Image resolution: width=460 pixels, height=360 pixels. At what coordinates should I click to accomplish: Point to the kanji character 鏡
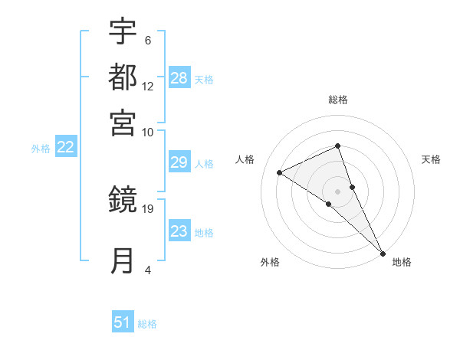[x=123, y=200]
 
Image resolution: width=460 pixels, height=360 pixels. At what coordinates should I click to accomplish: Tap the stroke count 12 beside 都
[x=148, y=86]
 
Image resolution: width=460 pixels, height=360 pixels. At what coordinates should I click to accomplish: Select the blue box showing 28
[x=179, y=77]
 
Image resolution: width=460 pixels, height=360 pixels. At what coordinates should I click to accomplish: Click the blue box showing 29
[x=179, y=162]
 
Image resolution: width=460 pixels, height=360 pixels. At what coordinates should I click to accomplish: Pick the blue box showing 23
[x=179, y=231]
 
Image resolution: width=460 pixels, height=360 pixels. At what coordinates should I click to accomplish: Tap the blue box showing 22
[x=65, y=148]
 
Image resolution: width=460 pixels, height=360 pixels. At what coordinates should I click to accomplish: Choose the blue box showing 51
[x=123, y=322]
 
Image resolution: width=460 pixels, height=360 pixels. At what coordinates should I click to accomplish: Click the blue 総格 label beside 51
[x=147, y=324]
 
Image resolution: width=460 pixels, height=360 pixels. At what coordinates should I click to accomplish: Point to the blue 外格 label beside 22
[x=41, y=149]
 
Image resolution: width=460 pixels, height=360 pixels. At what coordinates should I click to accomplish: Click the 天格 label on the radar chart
[x=431, y=159]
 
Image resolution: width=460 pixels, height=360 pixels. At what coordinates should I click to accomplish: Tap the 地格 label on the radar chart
[x=402, y=262]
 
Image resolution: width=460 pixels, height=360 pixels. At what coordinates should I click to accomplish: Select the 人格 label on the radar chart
[x=245, y=159]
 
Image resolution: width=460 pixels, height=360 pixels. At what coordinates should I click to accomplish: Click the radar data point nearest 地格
[x=383, y=252]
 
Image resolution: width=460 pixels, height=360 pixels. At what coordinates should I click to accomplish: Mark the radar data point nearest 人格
[x=280, y=172]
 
